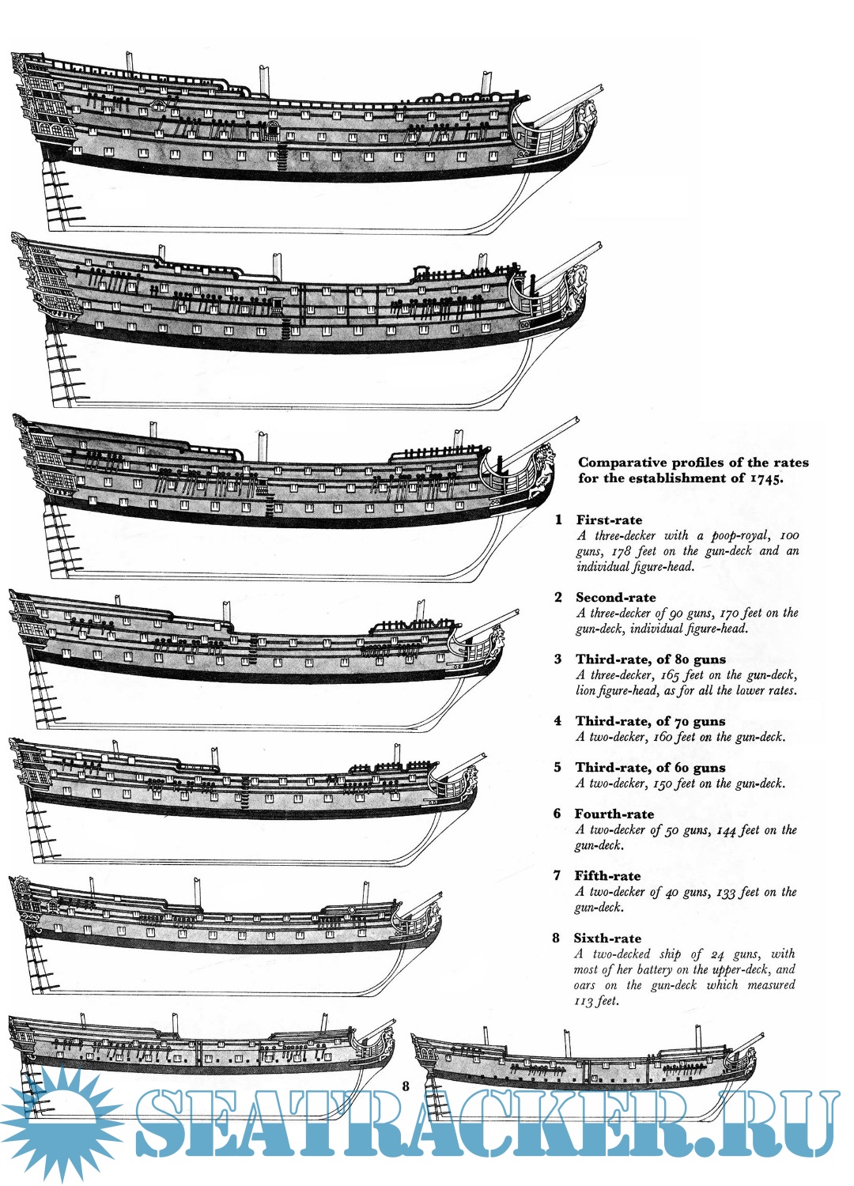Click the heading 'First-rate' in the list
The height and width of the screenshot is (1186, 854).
(x=609, y=520)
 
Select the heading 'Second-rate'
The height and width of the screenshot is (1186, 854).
(x=615, y=598)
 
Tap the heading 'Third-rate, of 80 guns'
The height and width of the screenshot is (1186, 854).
(x=650, y=659)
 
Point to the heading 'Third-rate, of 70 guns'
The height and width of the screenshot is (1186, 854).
(x=650, y=721)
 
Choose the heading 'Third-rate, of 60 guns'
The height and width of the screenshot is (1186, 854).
(x=650, y=768)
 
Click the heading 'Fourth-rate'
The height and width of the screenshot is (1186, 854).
(x=614, y=814)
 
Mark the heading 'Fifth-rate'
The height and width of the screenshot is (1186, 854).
(x=607, y=876)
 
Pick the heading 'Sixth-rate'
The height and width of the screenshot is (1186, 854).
(x=607, y=939)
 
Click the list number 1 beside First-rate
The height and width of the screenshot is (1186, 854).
(x=558, y=520)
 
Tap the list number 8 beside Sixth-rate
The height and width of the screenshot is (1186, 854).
(x=556, y=939)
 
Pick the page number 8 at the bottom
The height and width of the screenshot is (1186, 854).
(x=406, y=1086)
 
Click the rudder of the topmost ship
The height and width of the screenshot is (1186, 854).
(x=59, y=194)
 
